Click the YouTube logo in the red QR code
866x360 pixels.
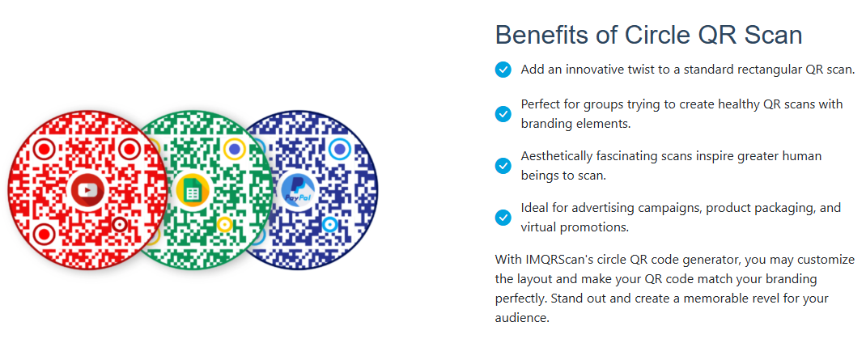pyautogui.click(x=87, y=190)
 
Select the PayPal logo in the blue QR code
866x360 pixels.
pyautogui.click(x=297, y=190)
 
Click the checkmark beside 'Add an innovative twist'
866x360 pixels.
pyautogui.click(x=503, y=70)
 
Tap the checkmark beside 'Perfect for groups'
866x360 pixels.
pyautogui.click(x=503, y=114)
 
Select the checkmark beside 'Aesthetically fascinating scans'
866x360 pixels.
pyautogui.click(x=503, y=166)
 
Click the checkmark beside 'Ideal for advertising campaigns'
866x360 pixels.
pyautogui.click(x=503, y=218)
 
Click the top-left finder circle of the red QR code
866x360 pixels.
pyautogui.click(x=44, y=149)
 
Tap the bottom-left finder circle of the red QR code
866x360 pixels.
pyautogui.click(x=44, y=232)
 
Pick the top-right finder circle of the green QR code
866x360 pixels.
pyautogui.click(x=236, y=149)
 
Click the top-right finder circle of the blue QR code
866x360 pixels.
pyautogui.click(x=340, y=149)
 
